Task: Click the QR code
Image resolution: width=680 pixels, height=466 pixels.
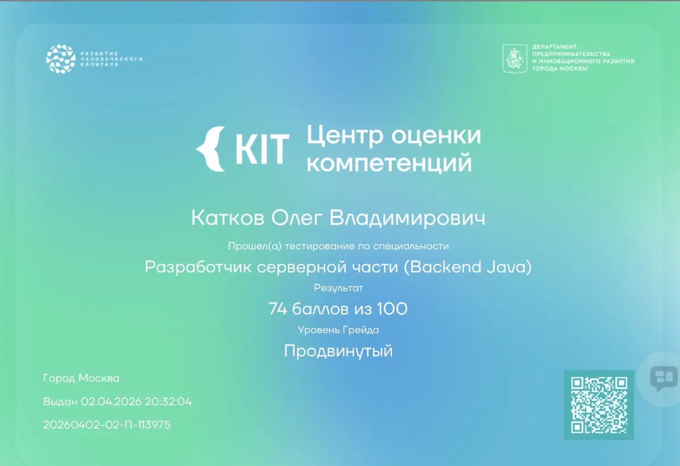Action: [599, 405]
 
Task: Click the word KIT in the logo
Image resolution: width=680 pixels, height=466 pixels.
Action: [262, 149]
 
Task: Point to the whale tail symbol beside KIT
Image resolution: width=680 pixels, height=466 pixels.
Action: [211, 149]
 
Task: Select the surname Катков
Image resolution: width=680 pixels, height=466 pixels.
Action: [227, 218]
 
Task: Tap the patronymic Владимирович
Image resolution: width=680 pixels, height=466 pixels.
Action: [407, 219]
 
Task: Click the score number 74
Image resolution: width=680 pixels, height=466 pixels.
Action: [277, 309]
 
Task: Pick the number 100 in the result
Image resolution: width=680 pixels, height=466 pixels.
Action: [392, 309]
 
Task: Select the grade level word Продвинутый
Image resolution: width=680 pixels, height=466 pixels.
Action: [338, 351]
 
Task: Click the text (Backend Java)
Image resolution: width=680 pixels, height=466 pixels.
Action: [468, 267]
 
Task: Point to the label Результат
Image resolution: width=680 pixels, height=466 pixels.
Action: [338, 288]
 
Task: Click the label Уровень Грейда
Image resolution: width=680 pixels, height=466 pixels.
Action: [338, 330]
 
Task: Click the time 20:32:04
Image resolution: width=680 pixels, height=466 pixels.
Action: [168, 402]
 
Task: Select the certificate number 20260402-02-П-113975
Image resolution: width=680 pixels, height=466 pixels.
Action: [107, 425]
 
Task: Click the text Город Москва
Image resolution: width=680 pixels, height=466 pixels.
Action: [81, 379]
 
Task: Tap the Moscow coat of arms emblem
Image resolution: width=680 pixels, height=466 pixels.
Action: [515, 58]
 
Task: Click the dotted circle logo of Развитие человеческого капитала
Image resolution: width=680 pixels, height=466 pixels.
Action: [61, 58]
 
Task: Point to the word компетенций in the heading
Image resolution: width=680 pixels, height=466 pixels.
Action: [389, 163]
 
